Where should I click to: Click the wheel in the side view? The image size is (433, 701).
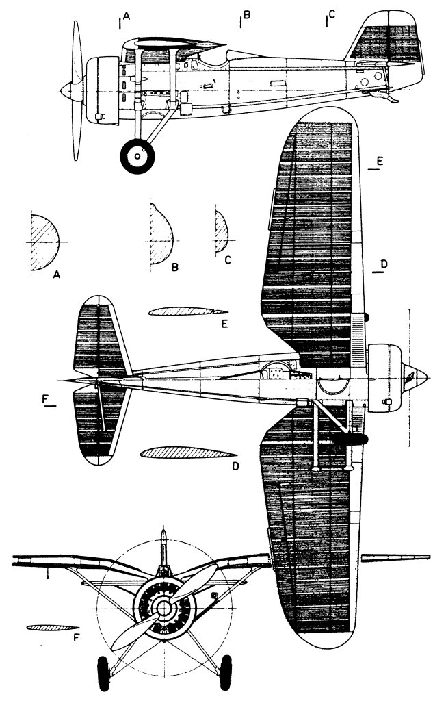coord(137,156)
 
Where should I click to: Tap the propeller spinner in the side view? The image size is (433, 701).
coord(70,91)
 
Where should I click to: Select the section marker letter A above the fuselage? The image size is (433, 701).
coord(127,16)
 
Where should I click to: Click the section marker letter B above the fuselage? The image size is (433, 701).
coord(246,15)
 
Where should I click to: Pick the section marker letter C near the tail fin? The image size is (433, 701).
coord(331,15)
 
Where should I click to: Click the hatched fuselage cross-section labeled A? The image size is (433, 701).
coord(44,242)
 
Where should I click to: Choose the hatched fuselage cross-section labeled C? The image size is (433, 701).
coord(221,232)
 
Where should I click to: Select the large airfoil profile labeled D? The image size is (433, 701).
coord(188,453)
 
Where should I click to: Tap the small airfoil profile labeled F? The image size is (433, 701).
coord(52,627)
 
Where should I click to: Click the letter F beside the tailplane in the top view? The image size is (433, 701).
coord(46,399)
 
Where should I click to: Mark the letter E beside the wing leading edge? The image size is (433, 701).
coord(380,162)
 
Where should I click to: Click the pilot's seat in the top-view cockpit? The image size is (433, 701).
coord(274,370)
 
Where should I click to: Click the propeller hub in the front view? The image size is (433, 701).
coord(164,608)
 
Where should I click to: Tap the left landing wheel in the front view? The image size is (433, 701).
coord(103,674)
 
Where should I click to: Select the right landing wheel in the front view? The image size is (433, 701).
coord(226,672)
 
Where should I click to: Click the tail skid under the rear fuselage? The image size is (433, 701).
coord(384,96)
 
